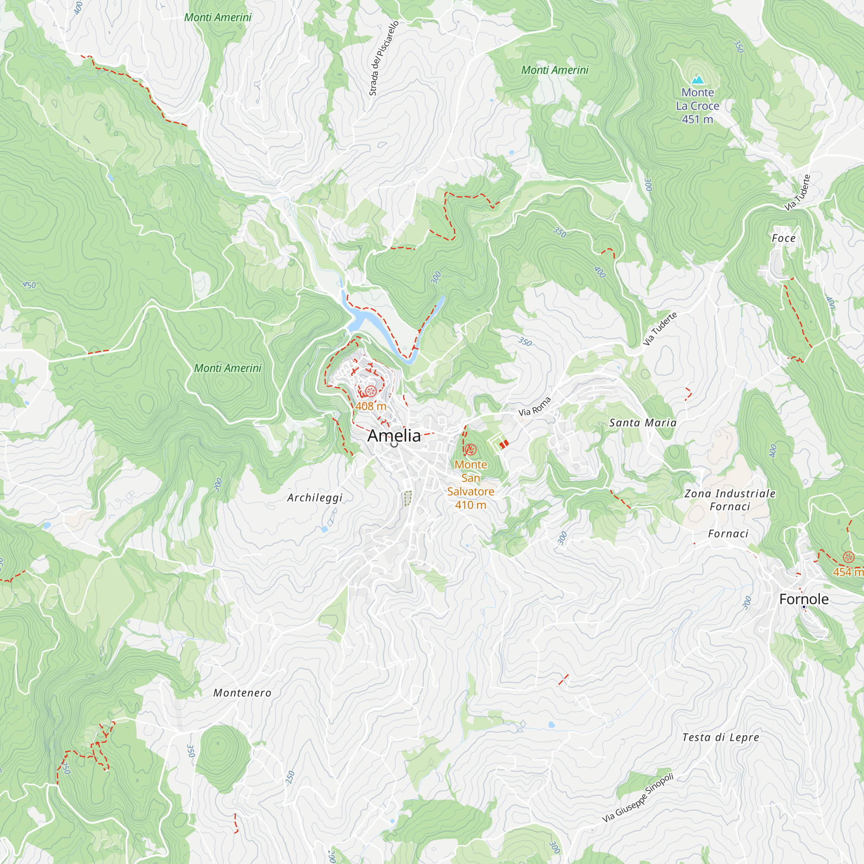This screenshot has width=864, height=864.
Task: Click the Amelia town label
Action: pyautogui.click(x=394, y=435)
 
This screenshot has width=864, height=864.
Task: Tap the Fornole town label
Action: pyautogui.click(x=804, y=599)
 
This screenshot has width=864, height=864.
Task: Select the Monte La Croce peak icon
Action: pyautogui.click(x=698, y=80)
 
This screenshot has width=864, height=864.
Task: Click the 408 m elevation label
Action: pyautogui.click(x=371, y=406)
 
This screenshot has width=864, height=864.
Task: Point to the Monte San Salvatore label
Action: pyautogui.click(x=470, y=484)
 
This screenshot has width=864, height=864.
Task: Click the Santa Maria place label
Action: pyautogui.click(x=643, y=422)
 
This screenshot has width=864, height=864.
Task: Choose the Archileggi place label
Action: pyautogui.click(x=315, y=498)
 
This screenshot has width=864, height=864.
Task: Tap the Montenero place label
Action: pyautogui.click(x=242, y=693)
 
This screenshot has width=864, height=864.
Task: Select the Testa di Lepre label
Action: pyautogui.click(x=721, y=737)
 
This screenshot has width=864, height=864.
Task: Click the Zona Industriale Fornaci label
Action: pyautogui.click(x=730, y=500)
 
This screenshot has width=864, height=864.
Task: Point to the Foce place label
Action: pyautogui.click(x=784, y=238)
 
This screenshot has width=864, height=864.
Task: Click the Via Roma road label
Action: pyautogui.click(x=534, y=407)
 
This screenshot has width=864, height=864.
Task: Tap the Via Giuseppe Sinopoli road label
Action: pyautogui.click(x=637, y=798)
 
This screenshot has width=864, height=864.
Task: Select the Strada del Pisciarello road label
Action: pyautogui.click(x=383, y=58)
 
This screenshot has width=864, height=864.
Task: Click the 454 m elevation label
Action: pyautogui.click(x=848, y=572)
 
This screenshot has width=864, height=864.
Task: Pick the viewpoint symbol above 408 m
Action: pyautogui.click(x=370, y=392)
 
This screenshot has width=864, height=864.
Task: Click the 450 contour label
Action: pyautogui.click(x=29, y=285)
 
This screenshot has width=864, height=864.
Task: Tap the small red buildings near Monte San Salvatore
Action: pyautogui.click(x=504, y=444)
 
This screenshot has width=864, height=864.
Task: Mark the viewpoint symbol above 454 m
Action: pyautogui.click(x=848, y=557)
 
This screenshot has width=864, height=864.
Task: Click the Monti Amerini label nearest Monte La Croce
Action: pyautogui.click(x=555, y=70)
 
